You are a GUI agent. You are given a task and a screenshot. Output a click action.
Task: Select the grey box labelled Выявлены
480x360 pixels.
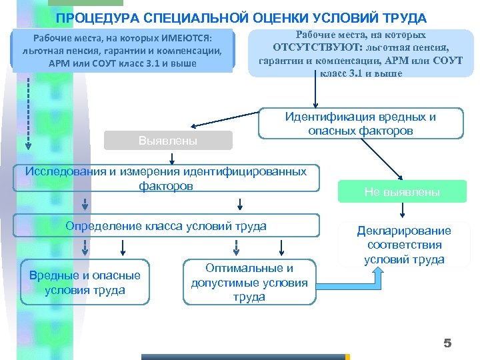coord(167,141)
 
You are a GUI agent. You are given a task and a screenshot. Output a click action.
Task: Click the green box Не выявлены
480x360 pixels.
coord(401,192)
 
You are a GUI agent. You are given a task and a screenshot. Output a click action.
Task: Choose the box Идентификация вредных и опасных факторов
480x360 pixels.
coord(361,124)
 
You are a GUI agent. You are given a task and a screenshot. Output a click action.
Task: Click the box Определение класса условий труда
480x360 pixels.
coord(166,226)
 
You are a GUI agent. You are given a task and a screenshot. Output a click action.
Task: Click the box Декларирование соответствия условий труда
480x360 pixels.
coord(404,245)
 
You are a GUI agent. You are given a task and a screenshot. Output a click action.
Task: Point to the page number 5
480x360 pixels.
coord(447,343)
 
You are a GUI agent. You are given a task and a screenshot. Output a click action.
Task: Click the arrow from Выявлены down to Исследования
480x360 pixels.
coord(173,157)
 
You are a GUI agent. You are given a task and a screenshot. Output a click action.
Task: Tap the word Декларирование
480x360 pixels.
coord(404,231)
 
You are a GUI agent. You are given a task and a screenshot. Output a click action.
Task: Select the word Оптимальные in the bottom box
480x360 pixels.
coord(249,268)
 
